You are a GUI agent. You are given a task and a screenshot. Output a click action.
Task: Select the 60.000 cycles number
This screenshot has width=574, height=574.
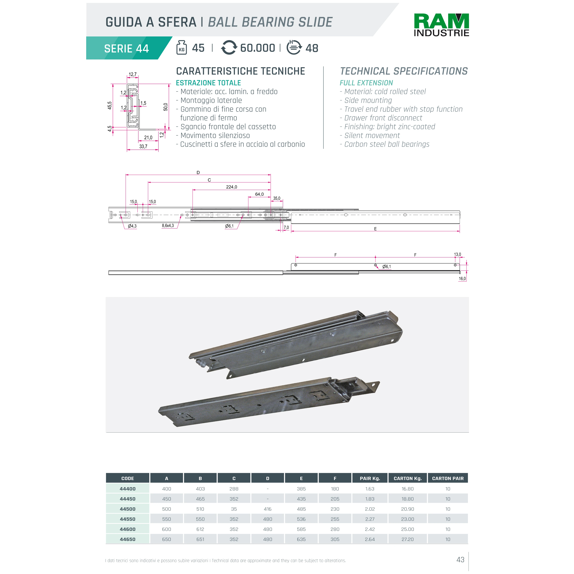[257, 48]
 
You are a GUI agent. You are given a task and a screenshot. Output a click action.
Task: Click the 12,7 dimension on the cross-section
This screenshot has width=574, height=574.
[133, 74]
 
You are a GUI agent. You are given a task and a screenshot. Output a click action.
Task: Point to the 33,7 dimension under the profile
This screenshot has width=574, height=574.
[143, 146]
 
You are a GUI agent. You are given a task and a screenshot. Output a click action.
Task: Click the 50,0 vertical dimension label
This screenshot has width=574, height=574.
[165, 107]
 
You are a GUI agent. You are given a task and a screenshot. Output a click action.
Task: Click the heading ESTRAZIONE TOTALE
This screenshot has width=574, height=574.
[208, 83]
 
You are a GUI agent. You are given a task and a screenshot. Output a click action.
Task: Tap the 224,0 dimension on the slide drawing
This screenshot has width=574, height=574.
[232, 187]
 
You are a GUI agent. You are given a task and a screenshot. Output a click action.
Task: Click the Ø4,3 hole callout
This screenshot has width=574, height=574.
[132, 226]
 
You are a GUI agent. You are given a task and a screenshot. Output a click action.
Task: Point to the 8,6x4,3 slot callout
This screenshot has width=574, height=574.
[168, 226]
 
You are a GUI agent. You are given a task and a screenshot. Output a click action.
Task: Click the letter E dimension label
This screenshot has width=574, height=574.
[375, 229]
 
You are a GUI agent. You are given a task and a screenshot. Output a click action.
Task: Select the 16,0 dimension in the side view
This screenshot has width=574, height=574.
[462, 279]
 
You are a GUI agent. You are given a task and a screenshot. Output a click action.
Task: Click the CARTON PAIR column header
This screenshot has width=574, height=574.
[447, 478]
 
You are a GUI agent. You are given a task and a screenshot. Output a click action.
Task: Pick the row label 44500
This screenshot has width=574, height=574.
[128, 509]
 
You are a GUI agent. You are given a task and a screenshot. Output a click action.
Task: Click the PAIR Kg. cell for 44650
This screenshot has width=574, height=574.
[370, 539]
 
